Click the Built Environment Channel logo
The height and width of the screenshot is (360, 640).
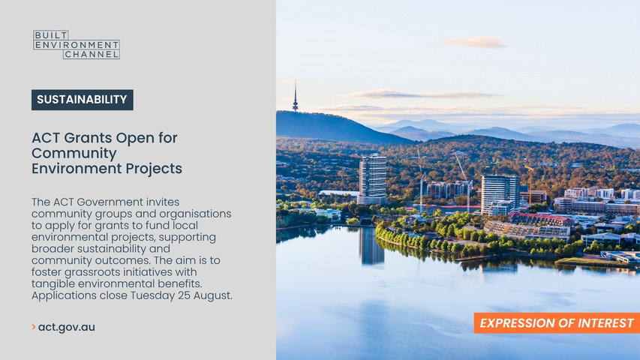click(x=77, y=44)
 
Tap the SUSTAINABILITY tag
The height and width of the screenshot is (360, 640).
click(x=83, y=100)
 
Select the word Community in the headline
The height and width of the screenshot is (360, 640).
click(x=74, y=153)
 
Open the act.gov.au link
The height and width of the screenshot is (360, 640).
click(x=67, y=327)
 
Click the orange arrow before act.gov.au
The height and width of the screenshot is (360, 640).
click(x=34, y=327)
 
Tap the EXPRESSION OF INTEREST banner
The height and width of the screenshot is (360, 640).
click(x=557, y=323)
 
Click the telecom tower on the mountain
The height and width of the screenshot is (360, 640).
click(x=295, y=97)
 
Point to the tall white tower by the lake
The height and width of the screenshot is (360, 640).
click(x=372, y=179)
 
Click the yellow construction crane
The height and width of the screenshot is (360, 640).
click(x=530, y=184)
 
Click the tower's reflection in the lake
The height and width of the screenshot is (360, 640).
click(x=371, y=246)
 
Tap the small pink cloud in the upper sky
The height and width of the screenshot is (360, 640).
click(x=475, y=43)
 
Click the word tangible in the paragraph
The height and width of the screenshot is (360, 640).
click(x=53, y=283)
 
